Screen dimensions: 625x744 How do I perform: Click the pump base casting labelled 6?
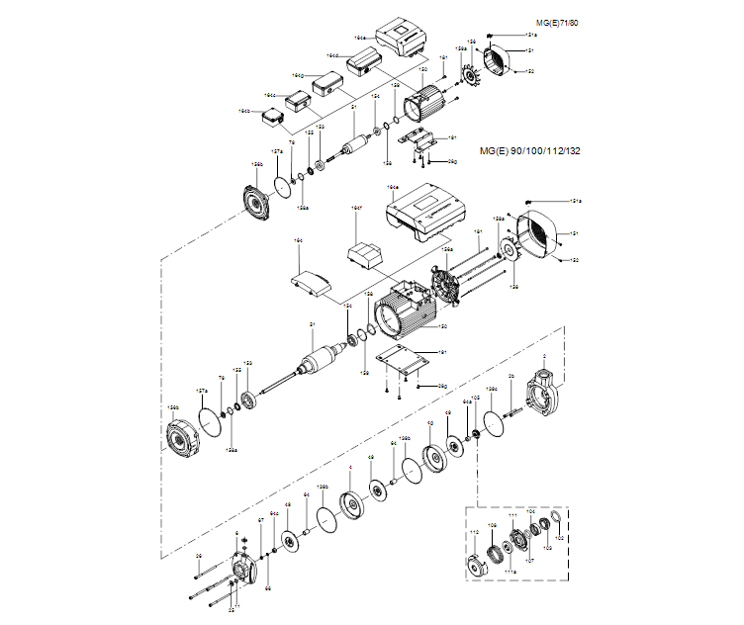[241, 571]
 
